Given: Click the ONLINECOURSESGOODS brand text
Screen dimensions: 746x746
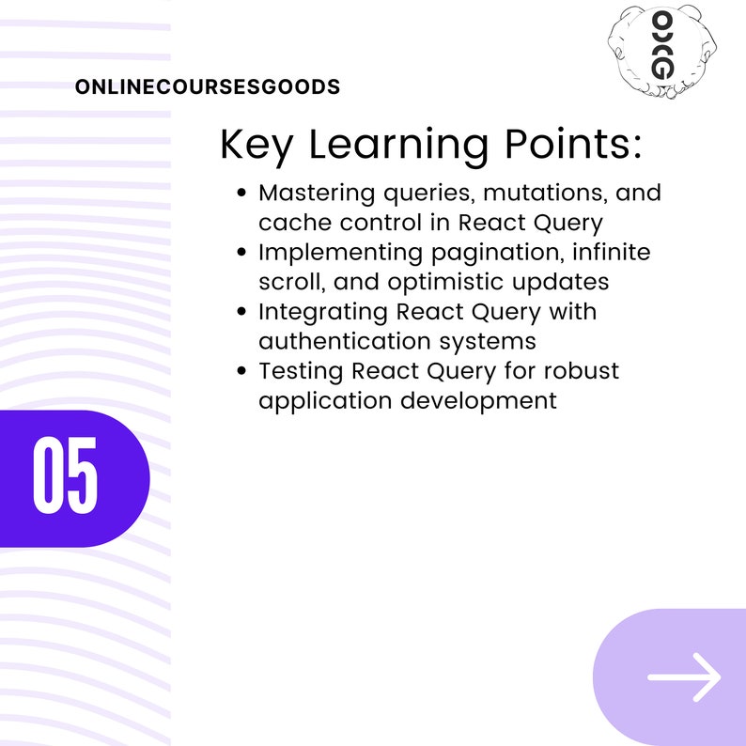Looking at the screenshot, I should point(207,87).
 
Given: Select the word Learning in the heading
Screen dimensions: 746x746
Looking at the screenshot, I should point(397,146).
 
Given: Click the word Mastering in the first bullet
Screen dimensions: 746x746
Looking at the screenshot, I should point(315,194).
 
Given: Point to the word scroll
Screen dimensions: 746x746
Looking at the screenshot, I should point(288,282).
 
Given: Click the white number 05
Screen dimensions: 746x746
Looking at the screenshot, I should point(66,477).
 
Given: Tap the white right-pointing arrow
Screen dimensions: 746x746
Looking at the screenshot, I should point(684,676).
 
